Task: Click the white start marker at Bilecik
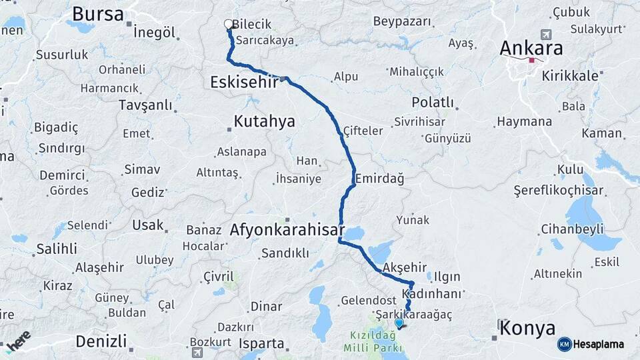point(229,24)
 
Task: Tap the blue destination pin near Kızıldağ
point(399,323)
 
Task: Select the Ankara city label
point(531,48)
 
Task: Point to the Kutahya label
point(264,121)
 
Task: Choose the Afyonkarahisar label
point(287,231)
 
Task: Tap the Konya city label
point(527,328)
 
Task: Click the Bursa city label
point(98,14)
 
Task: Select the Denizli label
point(101,341)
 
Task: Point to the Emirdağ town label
point(380,179)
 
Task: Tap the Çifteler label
point(364,131)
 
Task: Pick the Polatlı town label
point(433,103)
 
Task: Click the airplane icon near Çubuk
point(547,35)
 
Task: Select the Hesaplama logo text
point(600,344)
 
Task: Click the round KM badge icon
point(565,344)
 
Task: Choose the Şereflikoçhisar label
point(559,191)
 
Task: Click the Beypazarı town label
point(403,22)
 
